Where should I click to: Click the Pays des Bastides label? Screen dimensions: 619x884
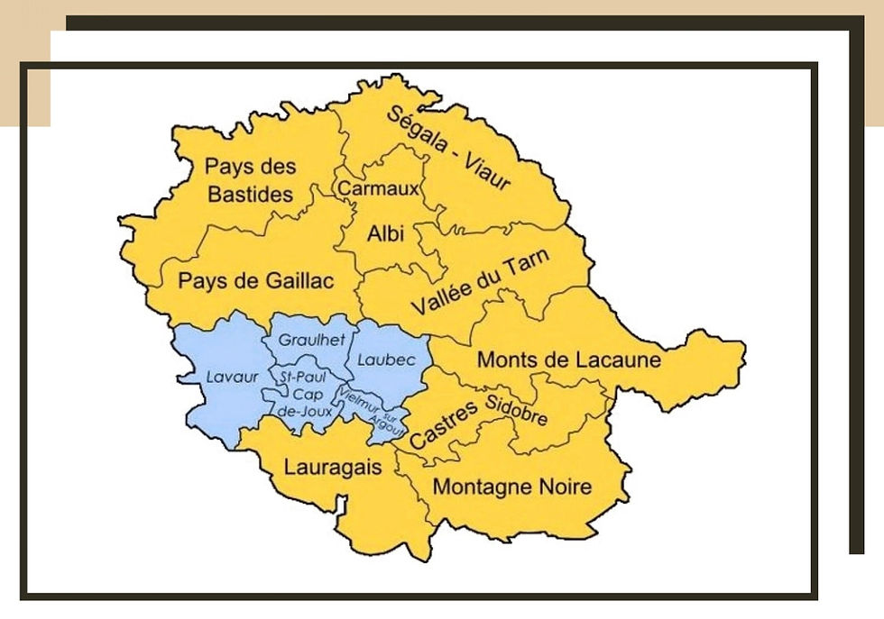[x=249, y=180]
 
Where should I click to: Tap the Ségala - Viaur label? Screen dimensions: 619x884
[x=448, y=149]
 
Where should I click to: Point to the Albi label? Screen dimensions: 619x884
[x=385, y=234]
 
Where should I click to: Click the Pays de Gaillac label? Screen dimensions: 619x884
[x=255, y=281]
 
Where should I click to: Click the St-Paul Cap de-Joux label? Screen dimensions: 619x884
[x=304, y=393]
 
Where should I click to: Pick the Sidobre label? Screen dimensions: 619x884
[x=516, y=410]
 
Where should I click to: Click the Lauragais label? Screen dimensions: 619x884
[x=332, y=468]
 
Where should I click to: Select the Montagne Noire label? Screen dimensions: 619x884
[x=512, y=487]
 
